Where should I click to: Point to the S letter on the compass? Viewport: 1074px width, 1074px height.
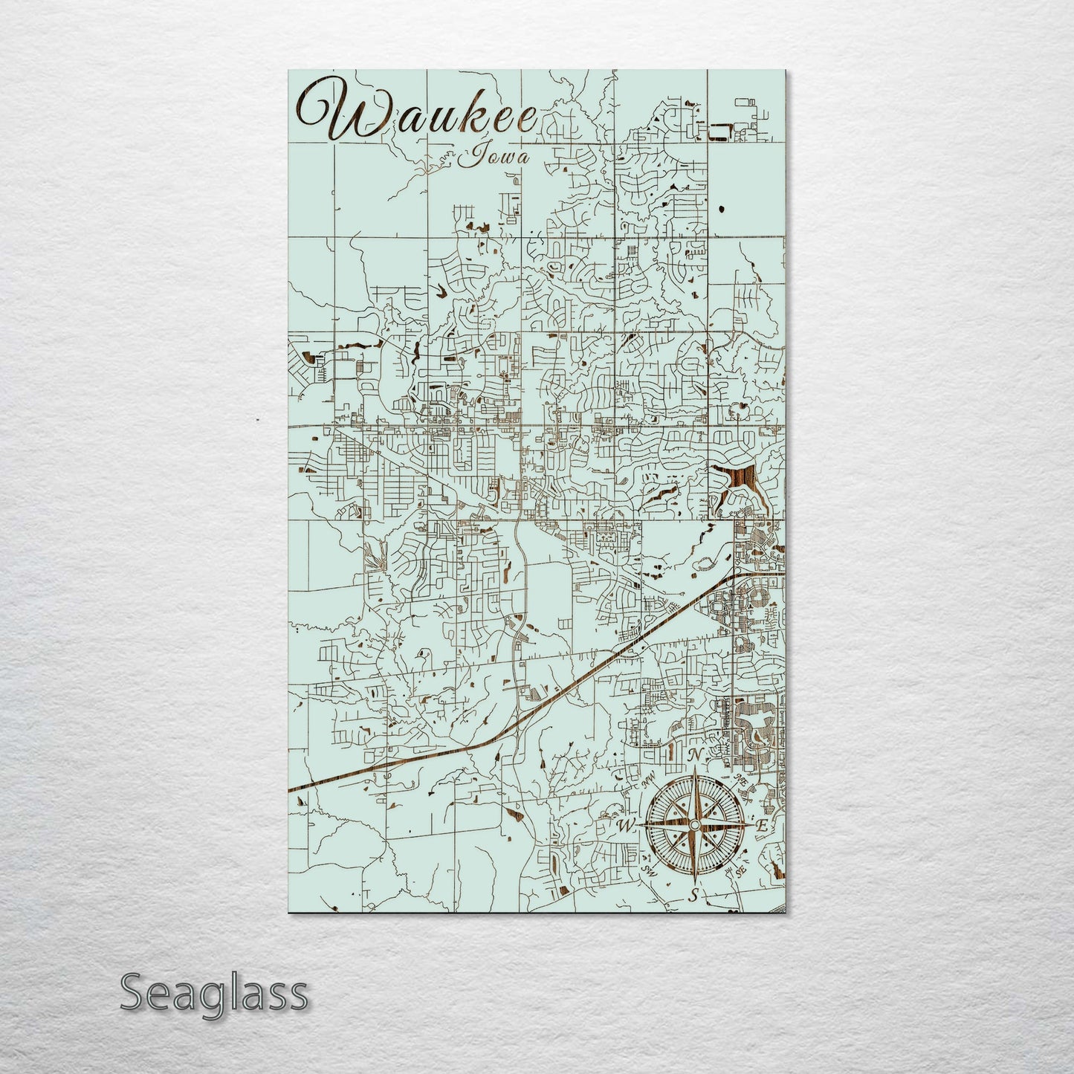click(x=693, y=895)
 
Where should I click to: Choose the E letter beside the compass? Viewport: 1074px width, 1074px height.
click(x=760, y=826)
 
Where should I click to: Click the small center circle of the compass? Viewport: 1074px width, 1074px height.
click(x=693, y=825)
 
